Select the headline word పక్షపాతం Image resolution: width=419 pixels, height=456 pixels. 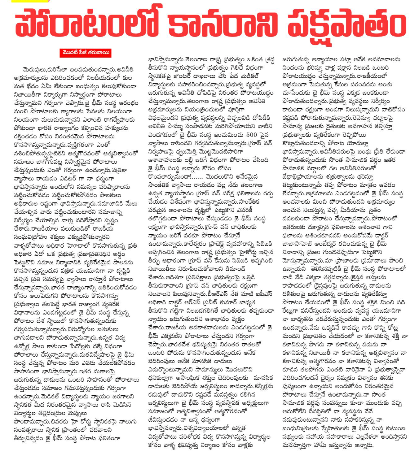click(347, 25)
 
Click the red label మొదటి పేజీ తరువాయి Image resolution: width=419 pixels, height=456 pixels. click(86, 53)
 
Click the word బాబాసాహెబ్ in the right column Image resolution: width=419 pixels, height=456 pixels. click(298, 243)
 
